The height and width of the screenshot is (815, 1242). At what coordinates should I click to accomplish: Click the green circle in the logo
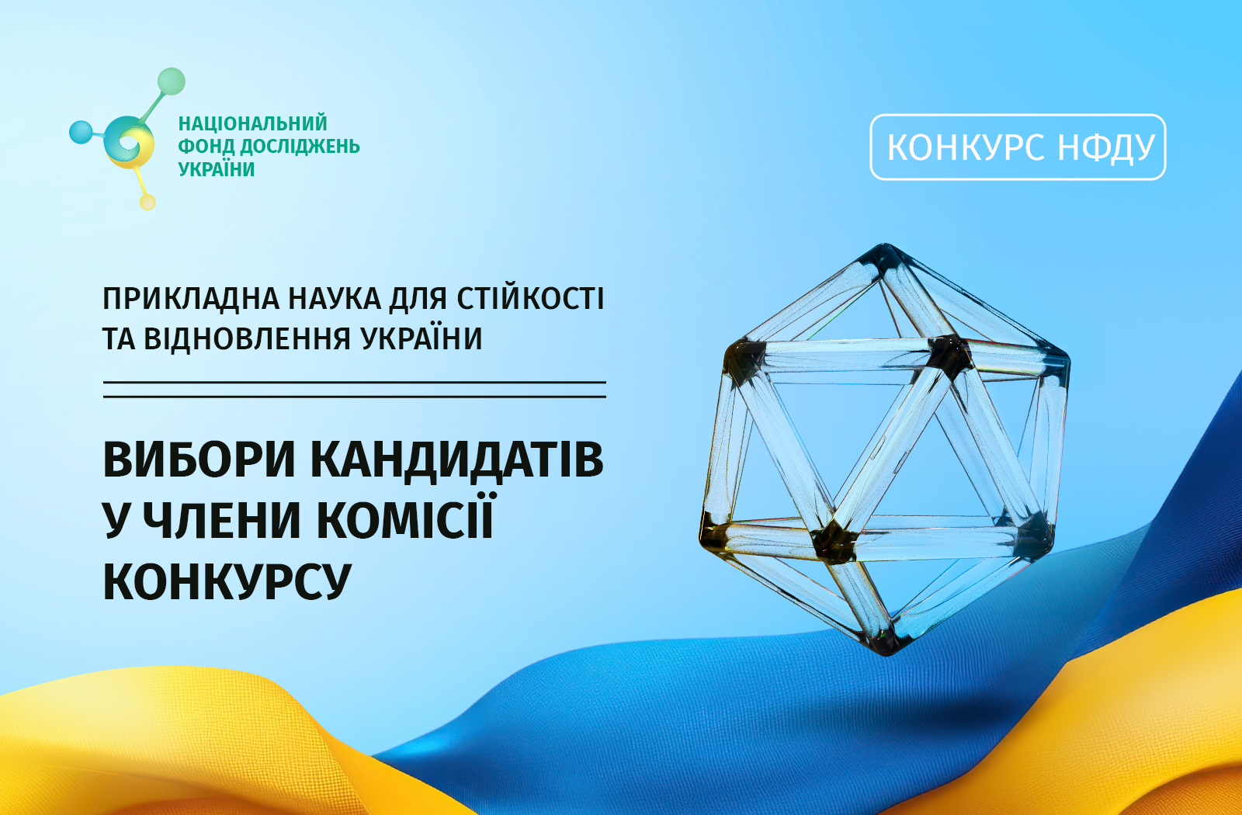coord(172,81)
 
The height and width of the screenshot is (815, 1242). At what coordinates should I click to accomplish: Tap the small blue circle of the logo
coord(81,132)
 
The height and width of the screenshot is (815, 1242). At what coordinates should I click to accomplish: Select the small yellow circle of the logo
coord(147,202)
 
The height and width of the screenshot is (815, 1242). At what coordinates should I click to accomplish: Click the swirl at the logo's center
coord(129,143)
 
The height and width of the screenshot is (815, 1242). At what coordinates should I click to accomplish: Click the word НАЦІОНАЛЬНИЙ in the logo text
coord(253,123)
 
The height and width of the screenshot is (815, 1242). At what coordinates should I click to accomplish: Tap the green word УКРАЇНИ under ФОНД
coord(217,168)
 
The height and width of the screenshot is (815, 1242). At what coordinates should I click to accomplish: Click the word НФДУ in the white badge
coord(1106,147)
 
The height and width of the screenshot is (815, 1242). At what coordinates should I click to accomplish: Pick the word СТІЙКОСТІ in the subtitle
coord(530,298)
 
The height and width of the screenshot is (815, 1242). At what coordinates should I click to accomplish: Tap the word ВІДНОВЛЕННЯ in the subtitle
coord(248,338)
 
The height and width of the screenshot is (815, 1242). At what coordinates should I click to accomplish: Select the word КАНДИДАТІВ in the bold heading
coord(456,460)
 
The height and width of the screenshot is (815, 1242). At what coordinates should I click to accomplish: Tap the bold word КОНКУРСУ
coord(227,581)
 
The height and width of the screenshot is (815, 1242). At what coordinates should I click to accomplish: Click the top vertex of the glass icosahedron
coord(885,247)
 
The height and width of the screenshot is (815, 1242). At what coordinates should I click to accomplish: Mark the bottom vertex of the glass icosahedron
coord(888,650)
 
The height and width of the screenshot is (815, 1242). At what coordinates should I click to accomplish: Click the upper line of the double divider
coord(354,383)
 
